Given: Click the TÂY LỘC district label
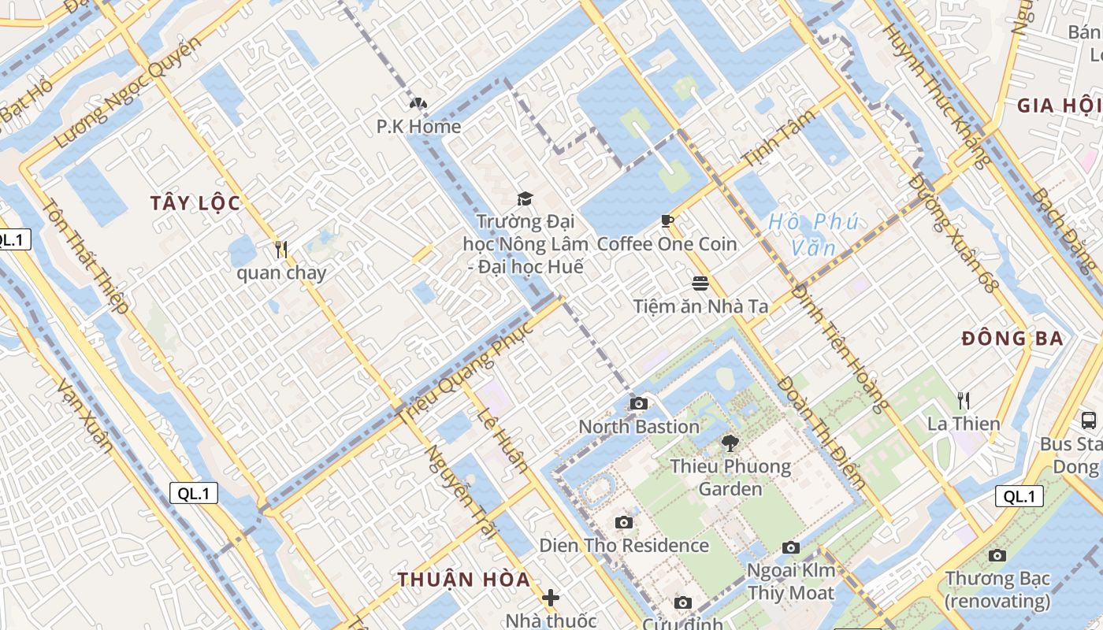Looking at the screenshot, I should pos(195,203).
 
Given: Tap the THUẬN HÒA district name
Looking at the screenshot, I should pos(463,580).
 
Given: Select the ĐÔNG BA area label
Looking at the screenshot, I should pos(1012,339).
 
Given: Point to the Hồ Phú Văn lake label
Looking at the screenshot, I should pos(813,235).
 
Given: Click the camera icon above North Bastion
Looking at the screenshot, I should pos(639,404).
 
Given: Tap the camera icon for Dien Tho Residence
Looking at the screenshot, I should pos(624,522).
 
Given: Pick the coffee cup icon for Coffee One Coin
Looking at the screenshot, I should pos(667,221).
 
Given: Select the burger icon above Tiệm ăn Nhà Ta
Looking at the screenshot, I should pos(700,283).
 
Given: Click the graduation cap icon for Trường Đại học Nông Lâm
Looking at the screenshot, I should pos(525,198).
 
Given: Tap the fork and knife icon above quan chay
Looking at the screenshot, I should pos(281,250).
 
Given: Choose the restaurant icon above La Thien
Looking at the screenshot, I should pos(963,401).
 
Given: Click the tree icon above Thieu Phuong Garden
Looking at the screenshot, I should pos(730,443).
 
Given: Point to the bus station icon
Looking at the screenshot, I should pos(1089,421).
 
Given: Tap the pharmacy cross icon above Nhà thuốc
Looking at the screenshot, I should pos(551,598).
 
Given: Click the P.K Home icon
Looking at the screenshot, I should pos(418,103).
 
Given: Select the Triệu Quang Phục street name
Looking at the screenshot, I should pos(466,373).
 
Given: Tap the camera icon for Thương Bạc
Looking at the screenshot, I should pos(997,555).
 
